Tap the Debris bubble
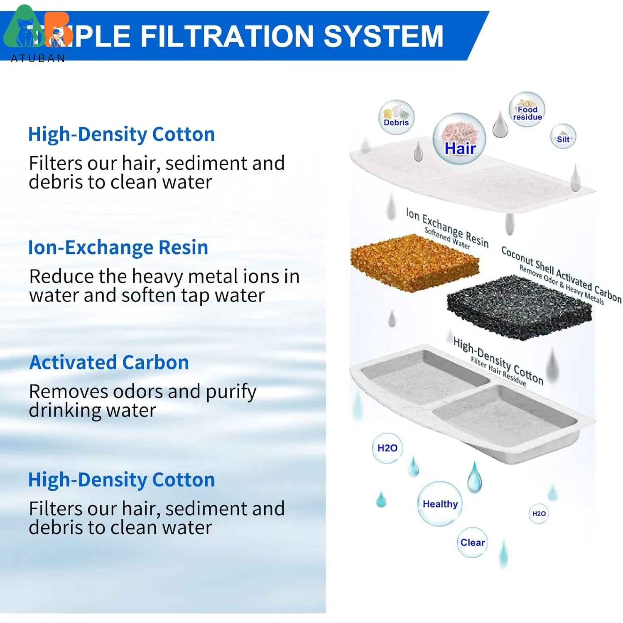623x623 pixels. point(396,117)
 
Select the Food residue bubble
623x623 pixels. point(527,109)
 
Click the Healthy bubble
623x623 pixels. point(440,504)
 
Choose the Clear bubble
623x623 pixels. point(472,542)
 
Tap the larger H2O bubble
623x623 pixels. point(387,448)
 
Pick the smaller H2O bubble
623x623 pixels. point(539,513)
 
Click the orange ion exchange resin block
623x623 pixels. point(414,262)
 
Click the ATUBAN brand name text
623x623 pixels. point(38,59)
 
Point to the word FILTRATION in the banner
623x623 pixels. point(227,36)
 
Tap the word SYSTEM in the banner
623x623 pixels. point(383,36)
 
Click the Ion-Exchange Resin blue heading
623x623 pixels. point(118,248)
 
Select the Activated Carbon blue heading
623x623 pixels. point(109,363)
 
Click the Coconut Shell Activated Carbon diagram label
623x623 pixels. point(561,274)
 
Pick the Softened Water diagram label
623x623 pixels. point(447,238)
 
